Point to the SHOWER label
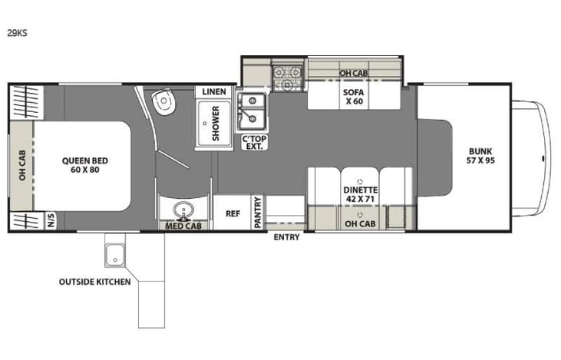216,124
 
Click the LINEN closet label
214,92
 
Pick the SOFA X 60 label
354,98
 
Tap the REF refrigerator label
233,214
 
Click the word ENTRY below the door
287,237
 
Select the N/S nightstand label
51,220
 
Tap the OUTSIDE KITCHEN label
94,282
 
